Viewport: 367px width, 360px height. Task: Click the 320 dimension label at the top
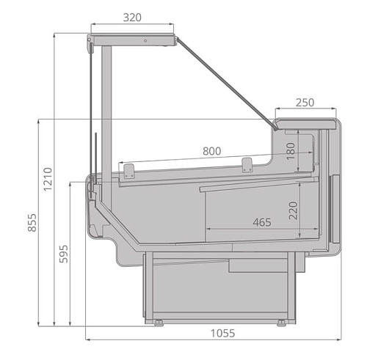[x=132, y=18]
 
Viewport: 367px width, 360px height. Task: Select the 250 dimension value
[x=305, y=103]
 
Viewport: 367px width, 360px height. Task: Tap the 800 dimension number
[x=212, y=151]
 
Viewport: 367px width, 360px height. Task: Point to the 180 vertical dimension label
[x=291, y=151]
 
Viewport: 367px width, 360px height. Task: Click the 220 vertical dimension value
[x=293, y=210]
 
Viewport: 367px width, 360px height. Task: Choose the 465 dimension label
[x=262, y=222]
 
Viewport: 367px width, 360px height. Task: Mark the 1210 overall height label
[x=48, y=179]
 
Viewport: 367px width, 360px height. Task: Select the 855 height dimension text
[x=32, y=223]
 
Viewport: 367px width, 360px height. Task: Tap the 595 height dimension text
[x=64, y=254]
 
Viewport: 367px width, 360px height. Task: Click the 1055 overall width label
[x=222, y=333]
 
